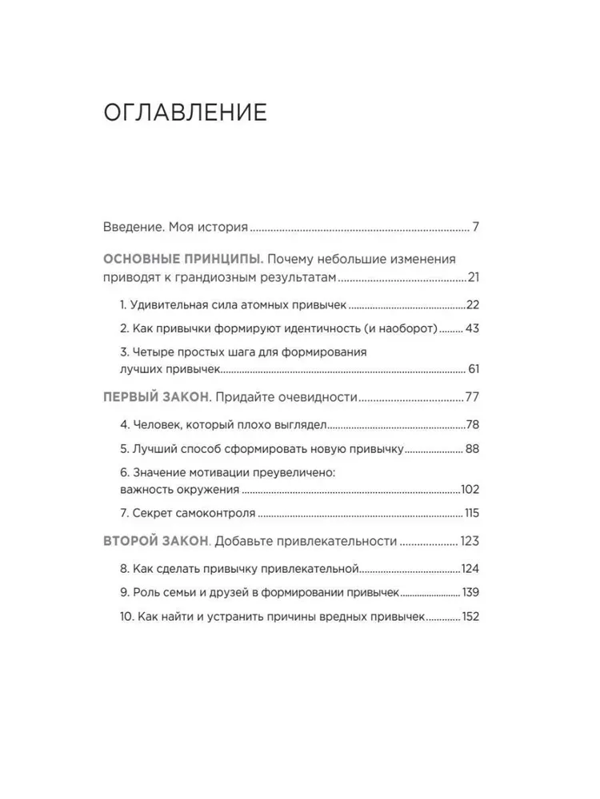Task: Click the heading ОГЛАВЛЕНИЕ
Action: click(x=185, y=113)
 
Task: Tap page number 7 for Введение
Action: click(x=475, y=227)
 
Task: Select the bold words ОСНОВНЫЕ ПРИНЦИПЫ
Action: click(x=182, y=260)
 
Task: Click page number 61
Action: click(x=474, y=370)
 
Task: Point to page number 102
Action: click(x=470, y=489)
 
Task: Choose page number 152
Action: click(x=469, y=617)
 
